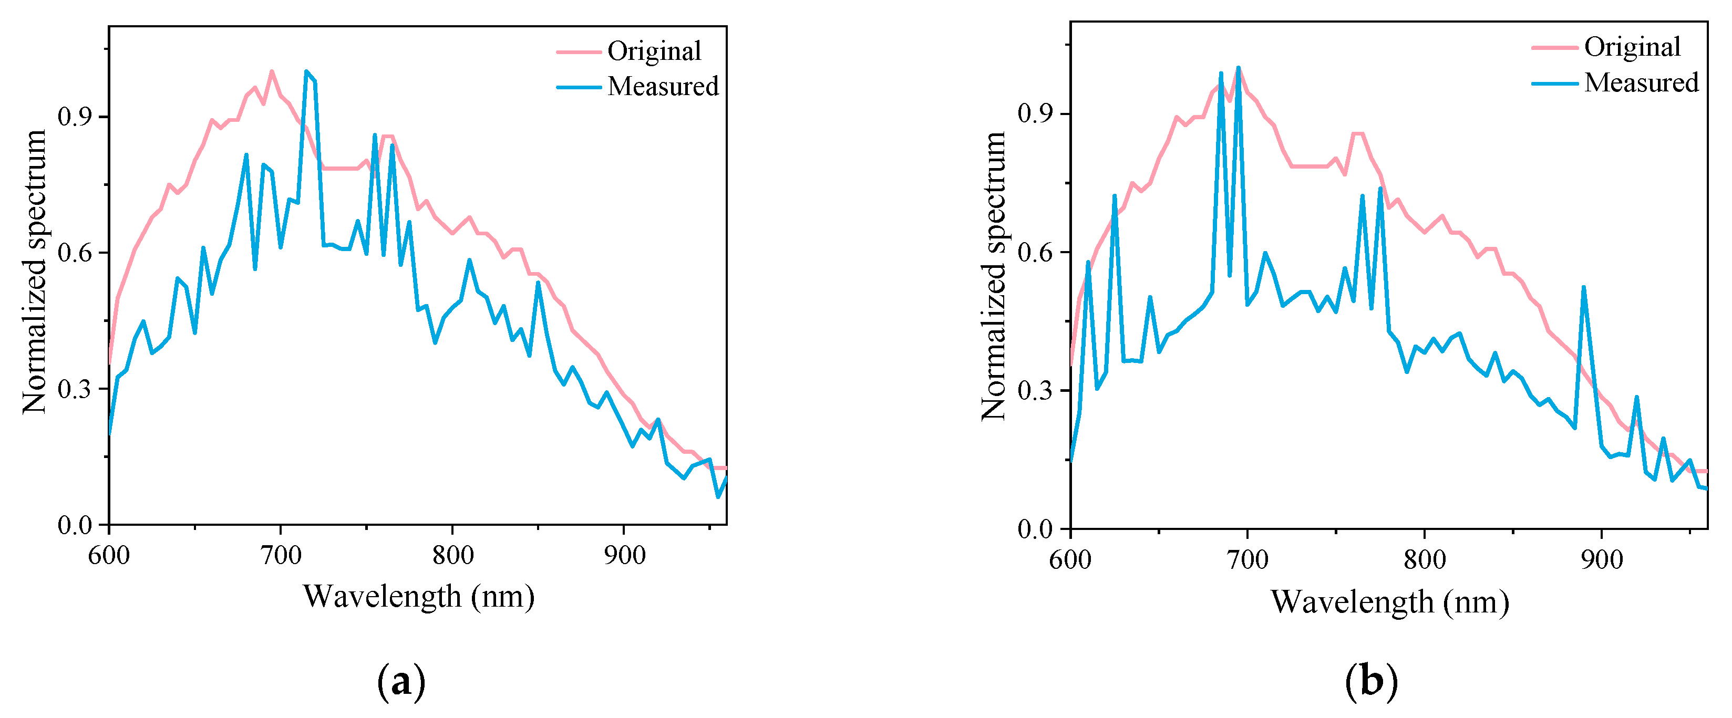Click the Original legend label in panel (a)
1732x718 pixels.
(654, 51)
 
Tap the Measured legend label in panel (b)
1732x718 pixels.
(1641, 82)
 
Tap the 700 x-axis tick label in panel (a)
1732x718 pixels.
(281, 555)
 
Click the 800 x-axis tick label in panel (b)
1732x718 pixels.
(1424, 559)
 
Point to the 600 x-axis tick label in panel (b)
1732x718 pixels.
(1070, 559)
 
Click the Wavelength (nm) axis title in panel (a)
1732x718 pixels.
(418, 596)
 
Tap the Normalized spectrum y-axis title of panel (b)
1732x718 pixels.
(993, 276)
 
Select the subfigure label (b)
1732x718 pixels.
(1372, 682)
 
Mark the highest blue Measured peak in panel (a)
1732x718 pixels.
(306, 71)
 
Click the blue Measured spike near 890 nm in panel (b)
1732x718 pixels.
(1583, 287)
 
